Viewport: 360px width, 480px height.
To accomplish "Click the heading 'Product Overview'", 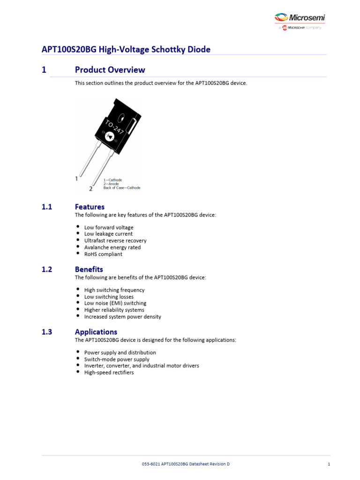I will click(110, 70).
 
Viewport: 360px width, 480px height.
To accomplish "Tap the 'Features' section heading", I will click(90, 207).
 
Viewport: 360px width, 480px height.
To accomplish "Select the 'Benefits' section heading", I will click(89, 269).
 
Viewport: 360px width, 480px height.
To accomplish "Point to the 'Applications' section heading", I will click(96, 332).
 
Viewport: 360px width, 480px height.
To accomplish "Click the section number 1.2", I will click(47, 269).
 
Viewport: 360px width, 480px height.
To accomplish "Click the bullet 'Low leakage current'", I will click(108, 234).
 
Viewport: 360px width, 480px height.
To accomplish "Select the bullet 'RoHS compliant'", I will click(103, 254).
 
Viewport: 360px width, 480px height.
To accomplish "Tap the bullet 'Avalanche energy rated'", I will click(112, 247).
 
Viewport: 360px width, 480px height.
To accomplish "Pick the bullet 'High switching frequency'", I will click(114, 290).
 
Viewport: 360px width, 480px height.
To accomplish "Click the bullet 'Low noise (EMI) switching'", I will click(115, 303).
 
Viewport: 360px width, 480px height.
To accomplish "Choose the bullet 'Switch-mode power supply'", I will click(117, 359).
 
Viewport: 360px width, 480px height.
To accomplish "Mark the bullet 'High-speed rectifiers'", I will click(109, 373).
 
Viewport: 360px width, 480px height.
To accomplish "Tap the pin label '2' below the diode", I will click(91, 188).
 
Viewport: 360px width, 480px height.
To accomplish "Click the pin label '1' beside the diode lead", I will click(76, 179).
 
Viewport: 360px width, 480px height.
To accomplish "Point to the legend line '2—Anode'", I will click(111, 184).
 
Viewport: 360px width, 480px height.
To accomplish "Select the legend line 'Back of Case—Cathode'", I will click(121, 188).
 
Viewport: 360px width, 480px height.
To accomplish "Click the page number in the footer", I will click(329, 464).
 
